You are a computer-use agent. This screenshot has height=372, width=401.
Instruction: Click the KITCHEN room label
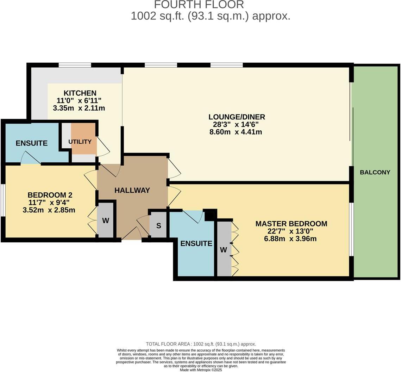80,93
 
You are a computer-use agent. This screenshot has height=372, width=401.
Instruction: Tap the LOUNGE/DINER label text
237,117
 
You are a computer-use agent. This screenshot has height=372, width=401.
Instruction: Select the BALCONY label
375,172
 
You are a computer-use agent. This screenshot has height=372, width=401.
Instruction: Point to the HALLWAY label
132,190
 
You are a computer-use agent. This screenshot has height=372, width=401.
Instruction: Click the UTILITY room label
80,142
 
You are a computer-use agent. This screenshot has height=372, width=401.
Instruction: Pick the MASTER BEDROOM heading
291,224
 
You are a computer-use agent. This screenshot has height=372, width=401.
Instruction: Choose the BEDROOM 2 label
50,195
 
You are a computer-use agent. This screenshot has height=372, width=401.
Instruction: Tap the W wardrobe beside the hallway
106,221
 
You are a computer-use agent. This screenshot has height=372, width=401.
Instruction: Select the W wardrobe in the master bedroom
224,250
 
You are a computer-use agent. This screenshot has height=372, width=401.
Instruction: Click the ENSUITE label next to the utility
32,143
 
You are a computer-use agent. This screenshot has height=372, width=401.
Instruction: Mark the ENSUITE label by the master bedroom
196,243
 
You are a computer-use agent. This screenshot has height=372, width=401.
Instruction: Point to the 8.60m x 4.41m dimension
236,132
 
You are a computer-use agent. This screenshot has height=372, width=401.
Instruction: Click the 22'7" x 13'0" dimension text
290,231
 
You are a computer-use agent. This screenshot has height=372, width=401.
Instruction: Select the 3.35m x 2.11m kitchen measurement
79,108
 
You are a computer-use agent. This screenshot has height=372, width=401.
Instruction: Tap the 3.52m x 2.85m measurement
49,210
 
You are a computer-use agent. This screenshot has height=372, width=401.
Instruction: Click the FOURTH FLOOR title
199,5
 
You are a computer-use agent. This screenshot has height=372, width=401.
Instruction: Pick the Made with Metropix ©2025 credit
201,370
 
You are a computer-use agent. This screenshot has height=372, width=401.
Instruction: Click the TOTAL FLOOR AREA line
201,344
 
